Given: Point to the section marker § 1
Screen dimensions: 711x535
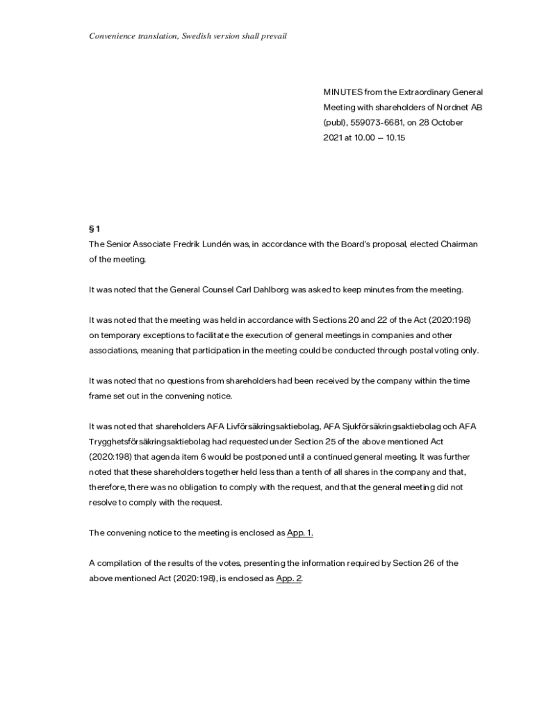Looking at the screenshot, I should tap(94, 229).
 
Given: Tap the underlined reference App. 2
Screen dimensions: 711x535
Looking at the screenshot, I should tap(288, 578).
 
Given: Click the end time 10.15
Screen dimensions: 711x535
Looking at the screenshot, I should tap(395, 137).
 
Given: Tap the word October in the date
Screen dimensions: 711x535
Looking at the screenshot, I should tap(447, 122).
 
